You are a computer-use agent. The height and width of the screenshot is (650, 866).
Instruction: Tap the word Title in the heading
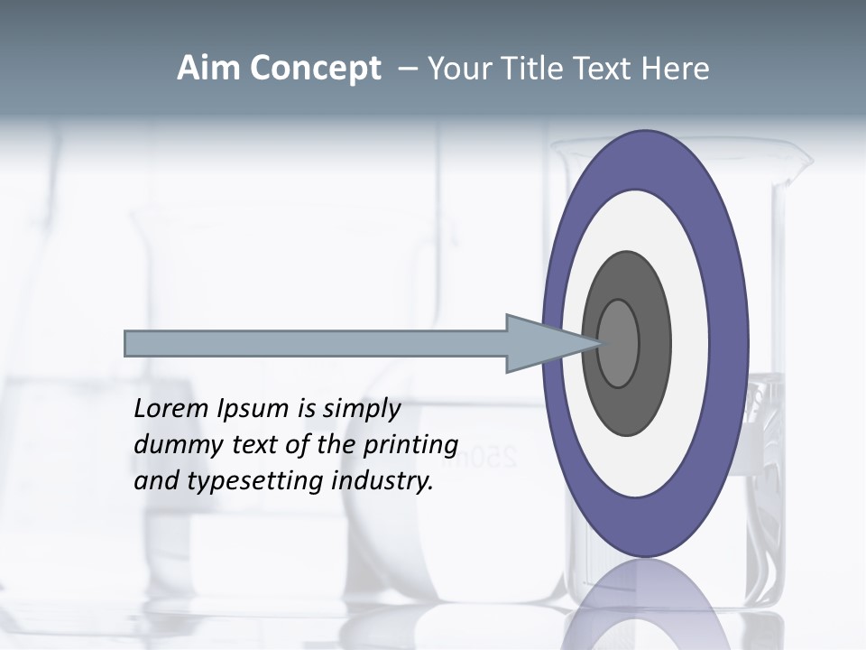tap(532, 69)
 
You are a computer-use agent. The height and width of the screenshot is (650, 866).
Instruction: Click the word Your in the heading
tap(459, 69)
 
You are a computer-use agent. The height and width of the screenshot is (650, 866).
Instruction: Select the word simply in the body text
tap(361, 410)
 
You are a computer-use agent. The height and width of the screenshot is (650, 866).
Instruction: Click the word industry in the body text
tap(382, 482)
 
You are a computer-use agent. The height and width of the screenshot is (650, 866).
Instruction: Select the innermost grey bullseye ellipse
tap(619, 343)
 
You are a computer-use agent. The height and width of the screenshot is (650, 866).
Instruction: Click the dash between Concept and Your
tap(407, 69)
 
